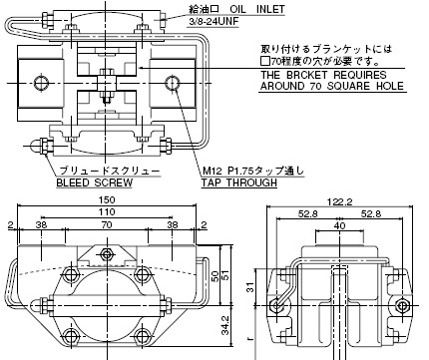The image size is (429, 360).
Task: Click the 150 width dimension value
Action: click(107, 199)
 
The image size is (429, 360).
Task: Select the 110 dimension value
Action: click(107, 211)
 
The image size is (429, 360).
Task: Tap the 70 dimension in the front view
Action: click(107, 225)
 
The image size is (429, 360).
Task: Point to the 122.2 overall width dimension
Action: click(339, 201)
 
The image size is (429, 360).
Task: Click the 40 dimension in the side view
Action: click(339, 225)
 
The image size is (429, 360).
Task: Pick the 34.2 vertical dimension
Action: click(225, 324)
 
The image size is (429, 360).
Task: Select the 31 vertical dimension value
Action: click(250, 287)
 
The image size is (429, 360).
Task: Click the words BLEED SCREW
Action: click(94, 182)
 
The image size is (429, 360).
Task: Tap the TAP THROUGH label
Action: click(239, 182)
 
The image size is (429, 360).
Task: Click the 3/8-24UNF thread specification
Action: click(214, 21)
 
